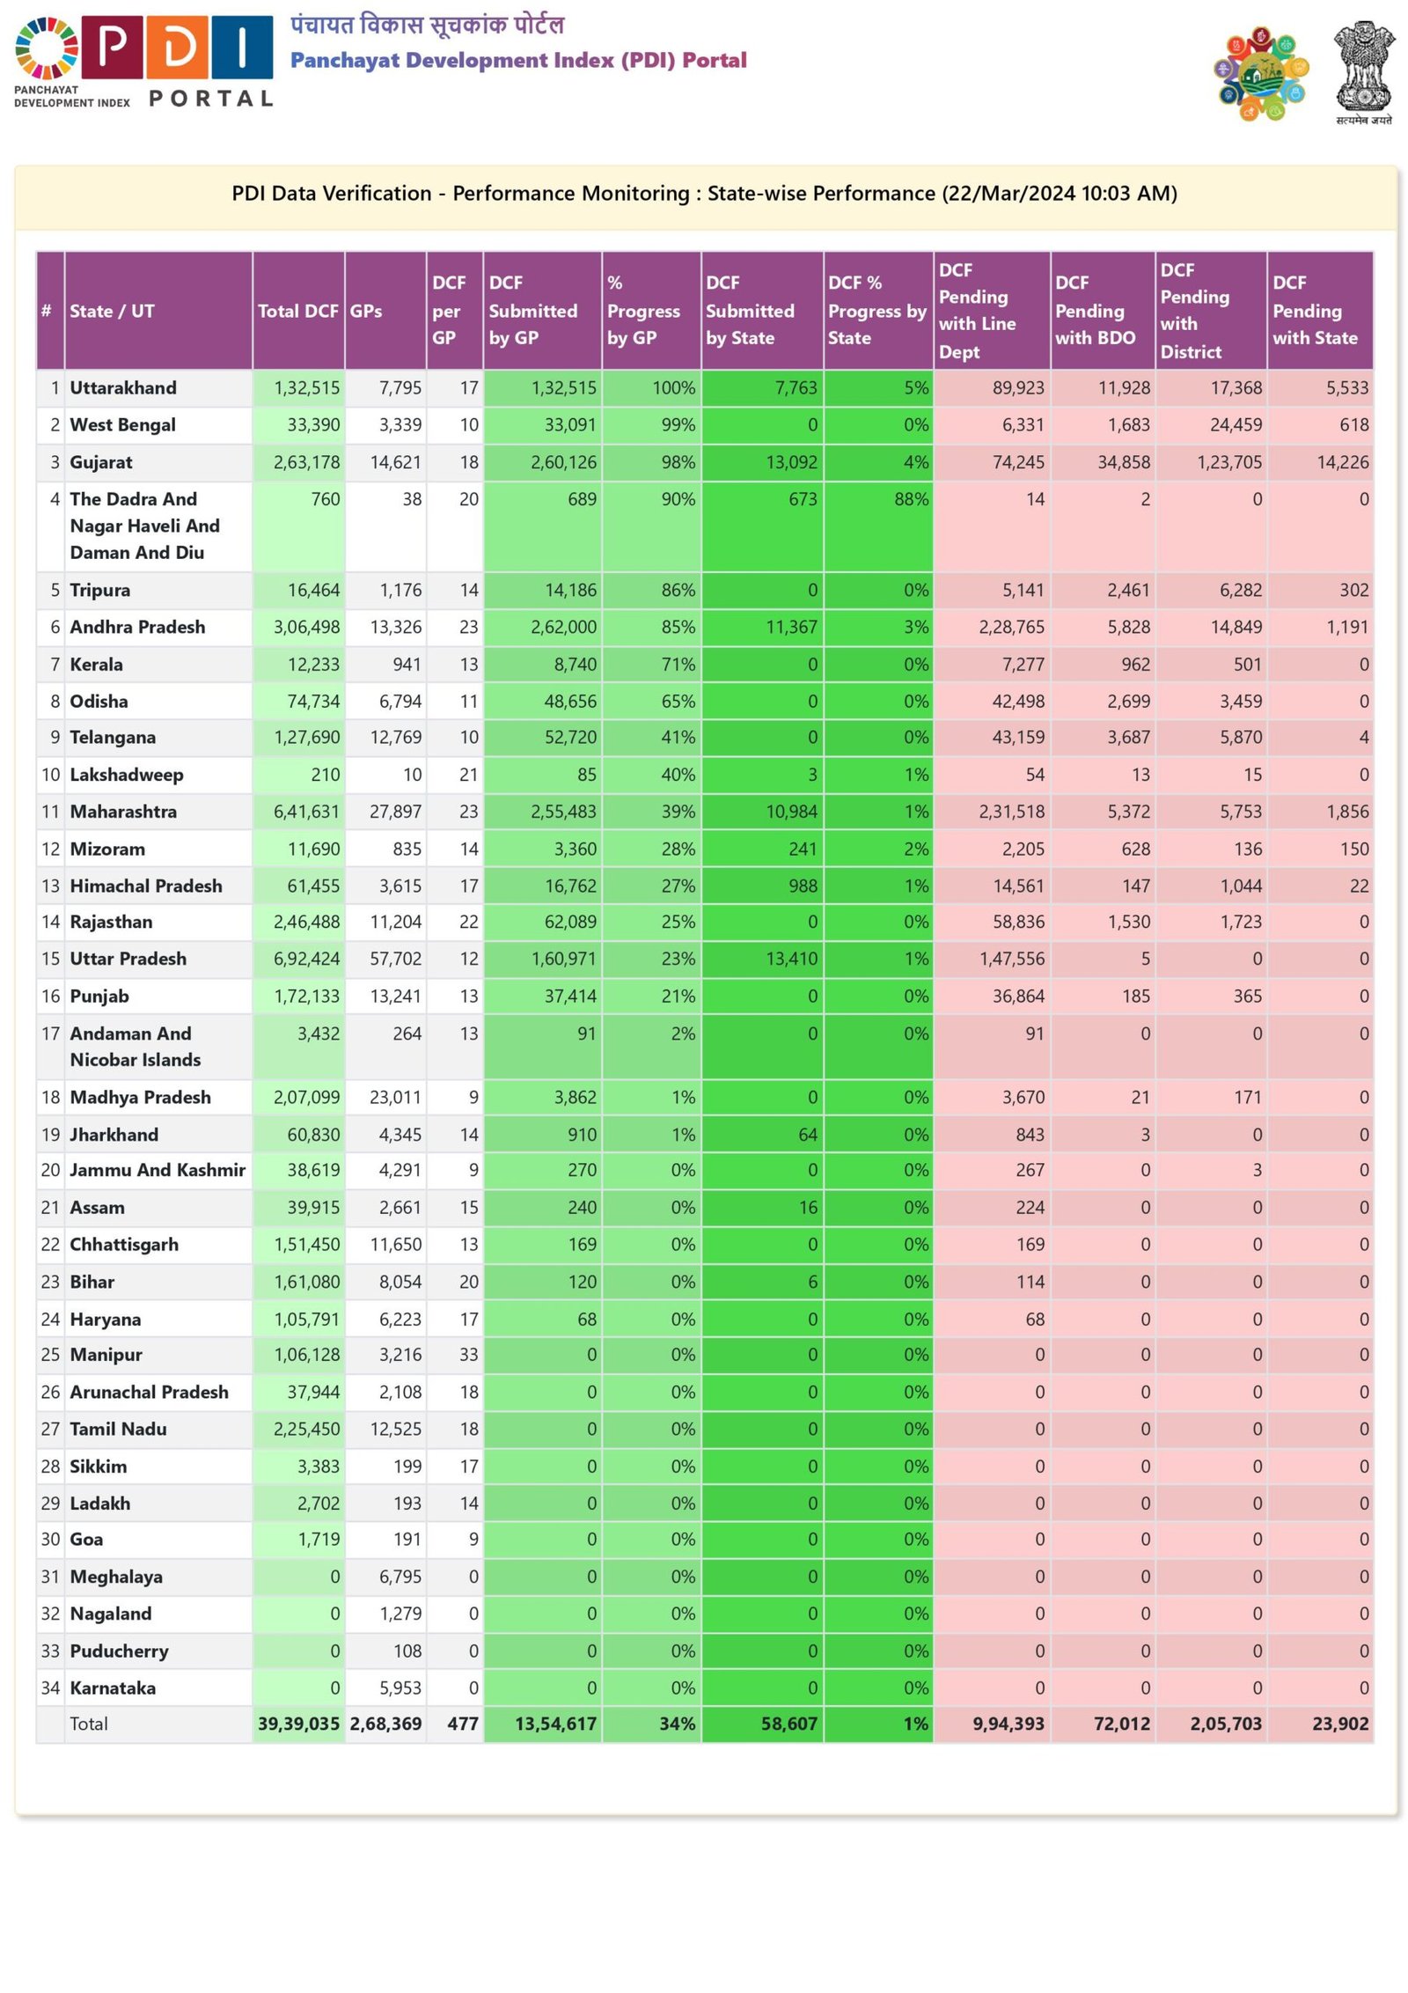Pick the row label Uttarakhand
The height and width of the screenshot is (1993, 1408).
click(123, 388)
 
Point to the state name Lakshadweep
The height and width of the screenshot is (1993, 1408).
click(127, 775)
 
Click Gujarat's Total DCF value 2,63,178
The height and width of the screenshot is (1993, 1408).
click(306, 462)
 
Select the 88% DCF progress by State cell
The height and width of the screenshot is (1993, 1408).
click(911, 499)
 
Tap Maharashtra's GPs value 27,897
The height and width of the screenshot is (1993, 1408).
click(395, 812)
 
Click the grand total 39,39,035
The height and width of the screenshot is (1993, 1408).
click(298, 1724)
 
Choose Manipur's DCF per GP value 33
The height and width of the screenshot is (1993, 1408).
click(468, 1355)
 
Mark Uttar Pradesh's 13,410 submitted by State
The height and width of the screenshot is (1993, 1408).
click(791, 959)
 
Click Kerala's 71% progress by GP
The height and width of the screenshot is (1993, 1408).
click(678, 665)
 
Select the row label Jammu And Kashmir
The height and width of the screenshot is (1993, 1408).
click(158, 1170)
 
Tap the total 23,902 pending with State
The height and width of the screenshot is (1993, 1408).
click(1339, 1724)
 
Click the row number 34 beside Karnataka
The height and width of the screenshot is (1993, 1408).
click(50, 1688)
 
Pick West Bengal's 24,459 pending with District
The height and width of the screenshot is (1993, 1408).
click(1236, 425)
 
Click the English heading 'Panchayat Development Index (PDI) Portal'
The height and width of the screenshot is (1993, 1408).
click(518, 60)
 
